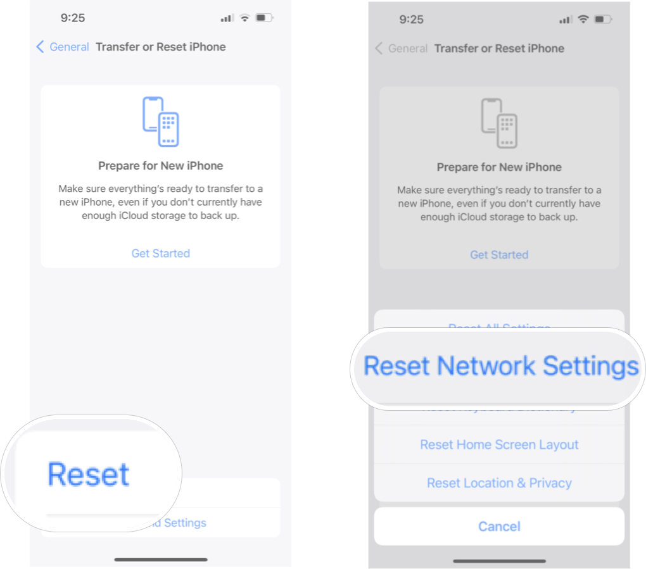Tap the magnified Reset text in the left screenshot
(x=89, y=474)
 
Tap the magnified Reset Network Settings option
(x=500, y=366)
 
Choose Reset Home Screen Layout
(x=499, y=445)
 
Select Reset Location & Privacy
(x=499, y=483)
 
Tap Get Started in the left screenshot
(x=160, y=253)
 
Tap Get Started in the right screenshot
(x=499, y=254)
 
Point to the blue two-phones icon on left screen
(x=161, y=121)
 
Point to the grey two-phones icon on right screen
(x=499, y=123)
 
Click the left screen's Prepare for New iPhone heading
(x=161, y=166)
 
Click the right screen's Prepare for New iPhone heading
(x=499, y=167)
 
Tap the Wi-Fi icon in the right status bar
(x=583, y=20)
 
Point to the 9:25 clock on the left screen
(x=73, y=18)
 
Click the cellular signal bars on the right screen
(x=566, y=20)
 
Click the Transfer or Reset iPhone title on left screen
(x=161, y=47)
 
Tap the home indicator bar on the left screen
(x=161, y=560)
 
